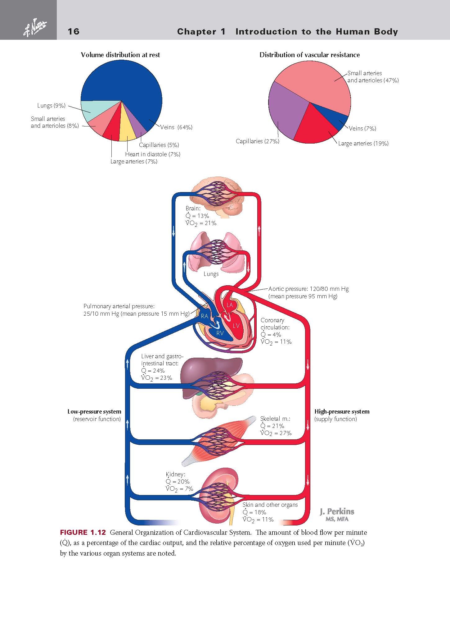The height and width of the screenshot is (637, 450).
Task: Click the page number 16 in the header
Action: pyautogui.click(x=74, y=31)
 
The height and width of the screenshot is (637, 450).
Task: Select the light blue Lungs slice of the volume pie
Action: pyautogui.click(x=87, y=110)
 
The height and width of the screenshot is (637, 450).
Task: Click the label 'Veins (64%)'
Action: pyautogui.click(x=176, y=127)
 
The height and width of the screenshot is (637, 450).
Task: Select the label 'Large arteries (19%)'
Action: pyautogui.click(x=363, y=143)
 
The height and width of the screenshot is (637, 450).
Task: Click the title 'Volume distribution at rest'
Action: pyautogui.click(x=120, y=55)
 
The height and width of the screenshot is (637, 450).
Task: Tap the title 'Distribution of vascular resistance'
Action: pyautogui.click(x=309, y=55)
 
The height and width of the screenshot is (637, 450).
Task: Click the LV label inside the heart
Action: pyautogui.click(x=236, y=326)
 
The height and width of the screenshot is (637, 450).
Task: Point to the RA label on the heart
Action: pyautogui.click(x=204, y=316)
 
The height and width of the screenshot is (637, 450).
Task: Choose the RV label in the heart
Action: pyautogui.click(x=220, y=333)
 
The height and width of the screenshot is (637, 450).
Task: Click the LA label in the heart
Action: pyautogui.click(x=230, y=305)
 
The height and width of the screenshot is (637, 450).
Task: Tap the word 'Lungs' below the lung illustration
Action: pyautogui.click(x=211, y=274)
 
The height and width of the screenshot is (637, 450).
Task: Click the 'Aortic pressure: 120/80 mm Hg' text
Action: pyautogui.click(x=308, y=289)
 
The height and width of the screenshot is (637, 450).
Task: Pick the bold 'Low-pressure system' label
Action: pyautogui.click(x=94, y=412)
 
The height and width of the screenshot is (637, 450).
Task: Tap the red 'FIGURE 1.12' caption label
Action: pyautogui.click(x=83, y=533)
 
